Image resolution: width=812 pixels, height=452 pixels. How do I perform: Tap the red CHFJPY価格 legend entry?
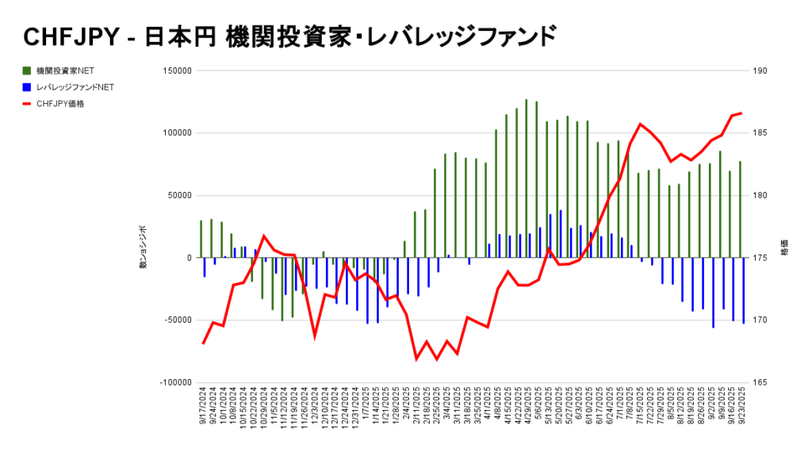tap(60, 104)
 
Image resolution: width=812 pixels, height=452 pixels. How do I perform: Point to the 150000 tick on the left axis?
tap(176, 71)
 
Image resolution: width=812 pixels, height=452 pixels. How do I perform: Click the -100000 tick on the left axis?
tap(174, 383)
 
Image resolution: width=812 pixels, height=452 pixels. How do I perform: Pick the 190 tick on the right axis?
tap(760, 71)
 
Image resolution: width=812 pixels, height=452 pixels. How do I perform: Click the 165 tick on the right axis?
tap(760, 383)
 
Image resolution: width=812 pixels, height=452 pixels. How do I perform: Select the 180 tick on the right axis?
tap(760, 196)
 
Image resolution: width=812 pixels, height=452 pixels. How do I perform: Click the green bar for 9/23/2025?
tap(740, 209)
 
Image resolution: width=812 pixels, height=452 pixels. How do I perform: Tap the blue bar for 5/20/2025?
tap(561, 234)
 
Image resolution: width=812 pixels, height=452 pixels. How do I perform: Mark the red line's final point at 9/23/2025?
tap(741, 113)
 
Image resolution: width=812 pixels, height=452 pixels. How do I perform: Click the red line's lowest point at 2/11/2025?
tap(416, 359)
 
